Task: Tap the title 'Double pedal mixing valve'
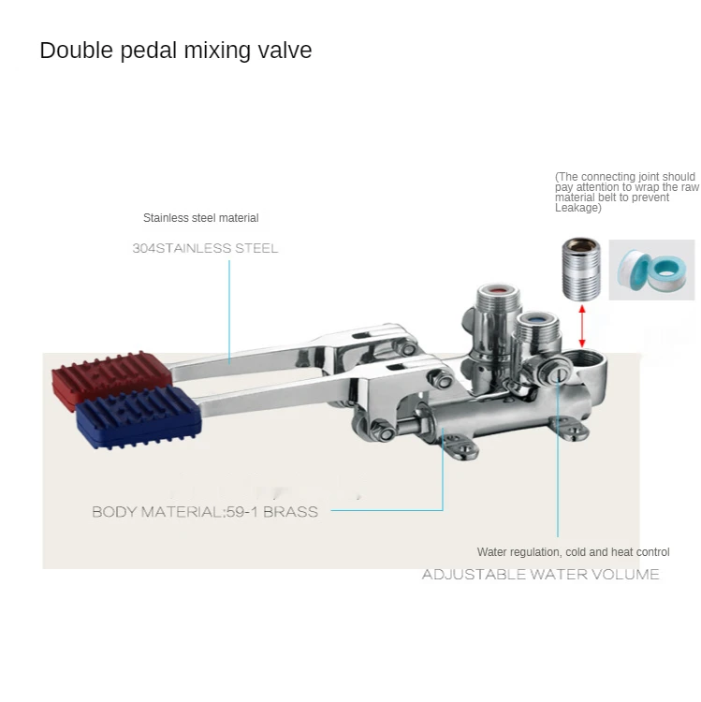[176, 51]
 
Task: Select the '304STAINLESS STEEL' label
[205, 248]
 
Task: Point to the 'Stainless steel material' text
[200, 218]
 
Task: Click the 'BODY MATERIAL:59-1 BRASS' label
[205, 512]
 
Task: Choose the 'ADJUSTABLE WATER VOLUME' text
[540, 574]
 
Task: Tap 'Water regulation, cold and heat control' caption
[573, 552]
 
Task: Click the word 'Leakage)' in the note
[577, 208]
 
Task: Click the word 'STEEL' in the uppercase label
[254, 248]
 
